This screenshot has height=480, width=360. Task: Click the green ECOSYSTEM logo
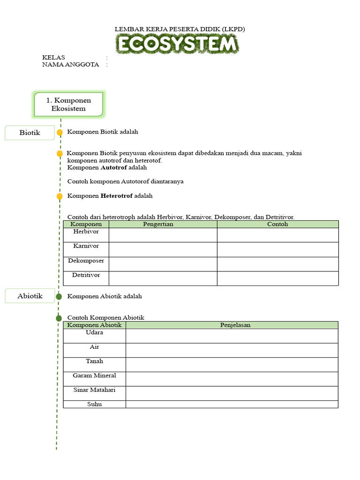pyautogui.click(x=178, y=45)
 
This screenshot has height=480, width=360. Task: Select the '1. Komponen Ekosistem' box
pyautogui.click(x=68, y=104)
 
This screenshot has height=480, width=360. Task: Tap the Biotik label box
pyautogui.click(x=30, y=133)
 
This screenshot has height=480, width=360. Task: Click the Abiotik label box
pyautogui.click(x=30, y=296)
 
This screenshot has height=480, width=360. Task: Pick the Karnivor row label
pyautogui.click(x=86, y=246)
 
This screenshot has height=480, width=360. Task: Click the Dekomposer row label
pyautogui.click(x=86, y=261)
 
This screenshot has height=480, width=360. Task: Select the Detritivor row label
pyautogui.click(x=86, y=275)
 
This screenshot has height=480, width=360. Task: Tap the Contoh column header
pyautogui.click(x=277, y=224)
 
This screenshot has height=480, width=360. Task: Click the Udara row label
pyautogui.click(x=95, y=332)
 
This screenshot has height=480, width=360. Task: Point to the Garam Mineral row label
pyautogui.click(x=95, y=375)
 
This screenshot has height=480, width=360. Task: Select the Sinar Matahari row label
pyautogui.click(x=95, y=390)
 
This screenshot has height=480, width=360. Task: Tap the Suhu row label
pyautogui.click(x=95, y=404)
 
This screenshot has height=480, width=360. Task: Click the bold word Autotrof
pyautogui.click(x=114, y=167)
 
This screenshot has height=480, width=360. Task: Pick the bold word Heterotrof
pyautogui.click(x=117, y=195)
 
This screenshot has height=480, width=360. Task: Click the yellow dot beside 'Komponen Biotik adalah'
pyautogui.click(x=60, y=133)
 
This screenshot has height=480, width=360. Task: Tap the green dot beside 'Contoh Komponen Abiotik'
pyautogui.click(x=59, y=318)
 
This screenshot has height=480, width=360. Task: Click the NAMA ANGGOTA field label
pyautogui.click(x=71, y=65)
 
